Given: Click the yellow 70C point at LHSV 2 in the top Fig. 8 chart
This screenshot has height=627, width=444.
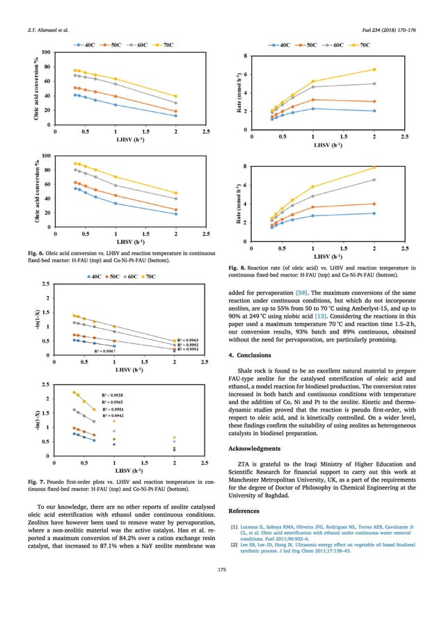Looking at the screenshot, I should pos(374,70).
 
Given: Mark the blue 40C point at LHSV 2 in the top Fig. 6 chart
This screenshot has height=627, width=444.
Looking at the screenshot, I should pos(175,115).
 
